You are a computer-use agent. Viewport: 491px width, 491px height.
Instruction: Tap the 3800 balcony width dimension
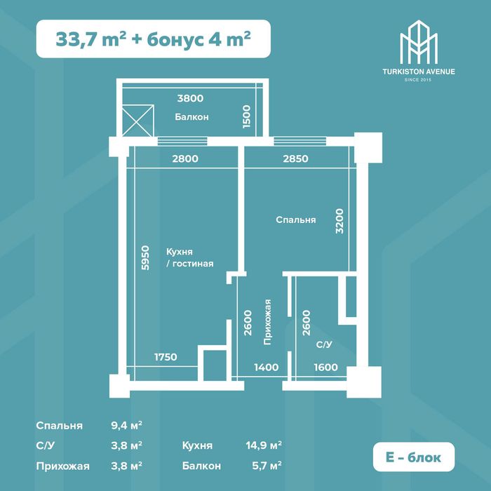point(190,98)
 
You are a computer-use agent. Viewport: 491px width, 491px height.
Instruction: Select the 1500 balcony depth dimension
point(247,116)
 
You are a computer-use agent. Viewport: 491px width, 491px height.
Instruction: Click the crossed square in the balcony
point(137,121)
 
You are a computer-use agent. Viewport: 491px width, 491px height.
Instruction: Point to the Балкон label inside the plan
point(191,117)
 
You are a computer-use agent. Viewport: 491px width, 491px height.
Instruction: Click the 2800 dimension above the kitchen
point(185,159)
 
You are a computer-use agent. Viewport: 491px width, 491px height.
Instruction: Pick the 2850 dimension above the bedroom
point(295,159)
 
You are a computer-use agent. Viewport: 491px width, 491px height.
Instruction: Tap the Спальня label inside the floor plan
point(295,220)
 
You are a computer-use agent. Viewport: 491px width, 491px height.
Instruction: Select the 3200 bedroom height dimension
point(339,221)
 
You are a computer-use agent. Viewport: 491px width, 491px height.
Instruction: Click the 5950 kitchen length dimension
point(145,257)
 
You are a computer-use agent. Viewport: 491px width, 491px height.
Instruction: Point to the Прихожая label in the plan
point(267,322)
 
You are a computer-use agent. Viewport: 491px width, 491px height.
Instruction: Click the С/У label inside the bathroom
point(324,344)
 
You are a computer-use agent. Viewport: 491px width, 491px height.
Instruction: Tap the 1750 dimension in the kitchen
point(166,357)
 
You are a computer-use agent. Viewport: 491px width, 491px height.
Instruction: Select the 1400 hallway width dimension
point(266,367)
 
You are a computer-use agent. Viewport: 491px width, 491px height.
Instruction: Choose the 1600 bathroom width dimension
point(326,367)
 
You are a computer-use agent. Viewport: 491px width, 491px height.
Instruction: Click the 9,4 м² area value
point(126,426)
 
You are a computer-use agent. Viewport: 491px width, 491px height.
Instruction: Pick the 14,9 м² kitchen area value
point(264,445)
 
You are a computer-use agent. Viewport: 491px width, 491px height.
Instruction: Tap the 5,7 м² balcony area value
point(267,466)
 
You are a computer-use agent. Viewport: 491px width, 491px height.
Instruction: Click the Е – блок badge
point(414,457)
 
